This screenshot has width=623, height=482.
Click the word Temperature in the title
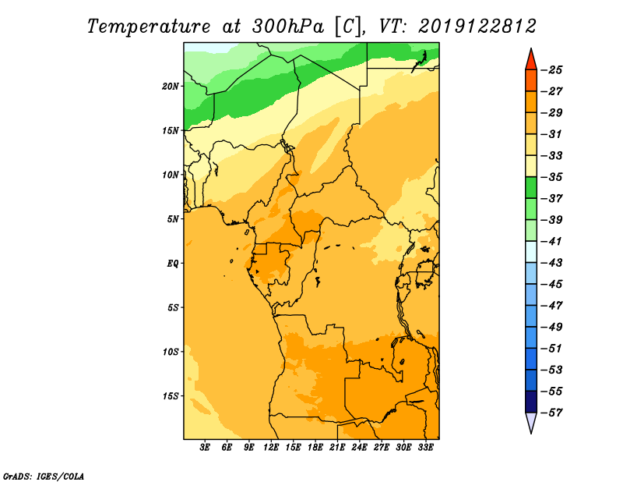pyautogui.click(x=149, y=27)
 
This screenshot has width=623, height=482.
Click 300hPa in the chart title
pyautogui.click(x=287, y=27)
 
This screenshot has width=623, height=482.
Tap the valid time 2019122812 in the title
pyautogui.click(x=477, y=27)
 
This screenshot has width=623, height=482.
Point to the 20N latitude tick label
pyautogui.click(x=171, y=87)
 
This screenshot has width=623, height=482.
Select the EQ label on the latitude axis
pyautogui.click(x=172, y=264)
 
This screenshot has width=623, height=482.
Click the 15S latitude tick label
pyautogui.click(x=171, y=396)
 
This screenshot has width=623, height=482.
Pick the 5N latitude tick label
pyautogui.click(x=173, y=219)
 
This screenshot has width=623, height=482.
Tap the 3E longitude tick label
pyautogui.click(x=205, y=447)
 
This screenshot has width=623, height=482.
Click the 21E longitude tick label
pyautogui.click(x=337, y=447)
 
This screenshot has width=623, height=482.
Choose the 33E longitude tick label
pyautogui.click(x=425, y=447)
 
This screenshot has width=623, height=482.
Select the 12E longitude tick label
pyautogui.click(x=271, y=447)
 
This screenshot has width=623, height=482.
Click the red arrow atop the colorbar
pyautogui.click(x=531, y=61)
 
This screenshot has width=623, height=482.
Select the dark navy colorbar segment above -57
pyautogui.click(x=531, y=402)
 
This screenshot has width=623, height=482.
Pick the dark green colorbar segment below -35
pyautogui.click(x=531, y=188)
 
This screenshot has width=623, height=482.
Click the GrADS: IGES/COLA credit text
pyautogui.click(x=44, y=477)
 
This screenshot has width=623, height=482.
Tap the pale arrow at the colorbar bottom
pyautogui.click(x=531, y=421)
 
